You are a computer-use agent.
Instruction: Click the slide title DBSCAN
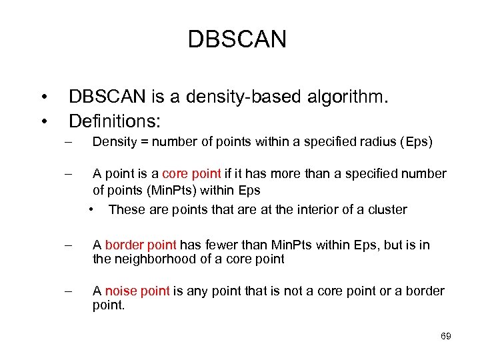(237, 39)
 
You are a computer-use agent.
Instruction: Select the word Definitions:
(115, 121)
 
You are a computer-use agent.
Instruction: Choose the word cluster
(387, 209)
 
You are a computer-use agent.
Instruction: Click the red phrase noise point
(136, 291)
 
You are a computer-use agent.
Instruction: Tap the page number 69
(446, 336)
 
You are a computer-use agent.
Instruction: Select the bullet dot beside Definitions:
(43, 121)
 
